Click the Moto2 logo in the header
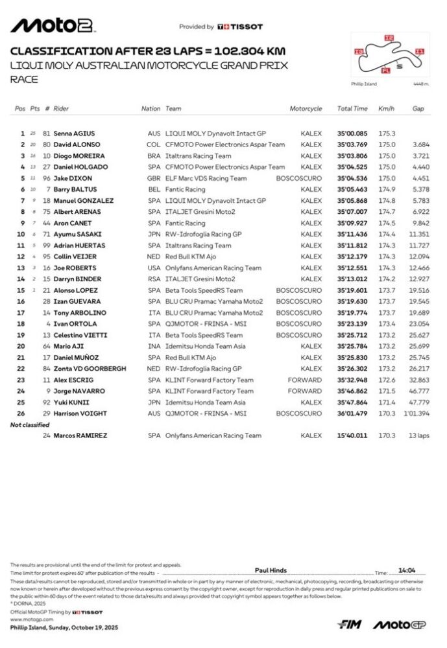pos(53,25)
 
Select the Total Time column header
pos(352,109)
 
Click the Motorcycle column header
pos(306,109)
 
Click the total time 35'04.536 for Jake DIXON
pos(352,178)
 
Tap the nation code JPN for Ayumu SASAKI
pos(153,234)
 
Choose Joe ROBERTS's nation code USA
pos(153,268)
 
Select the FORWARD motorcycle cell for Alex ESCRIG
pos(305,380)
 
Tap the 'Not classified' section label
pos(30,424)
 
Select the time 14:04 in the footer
pos(407,570)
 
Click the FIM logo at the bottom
pos(350,625)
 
